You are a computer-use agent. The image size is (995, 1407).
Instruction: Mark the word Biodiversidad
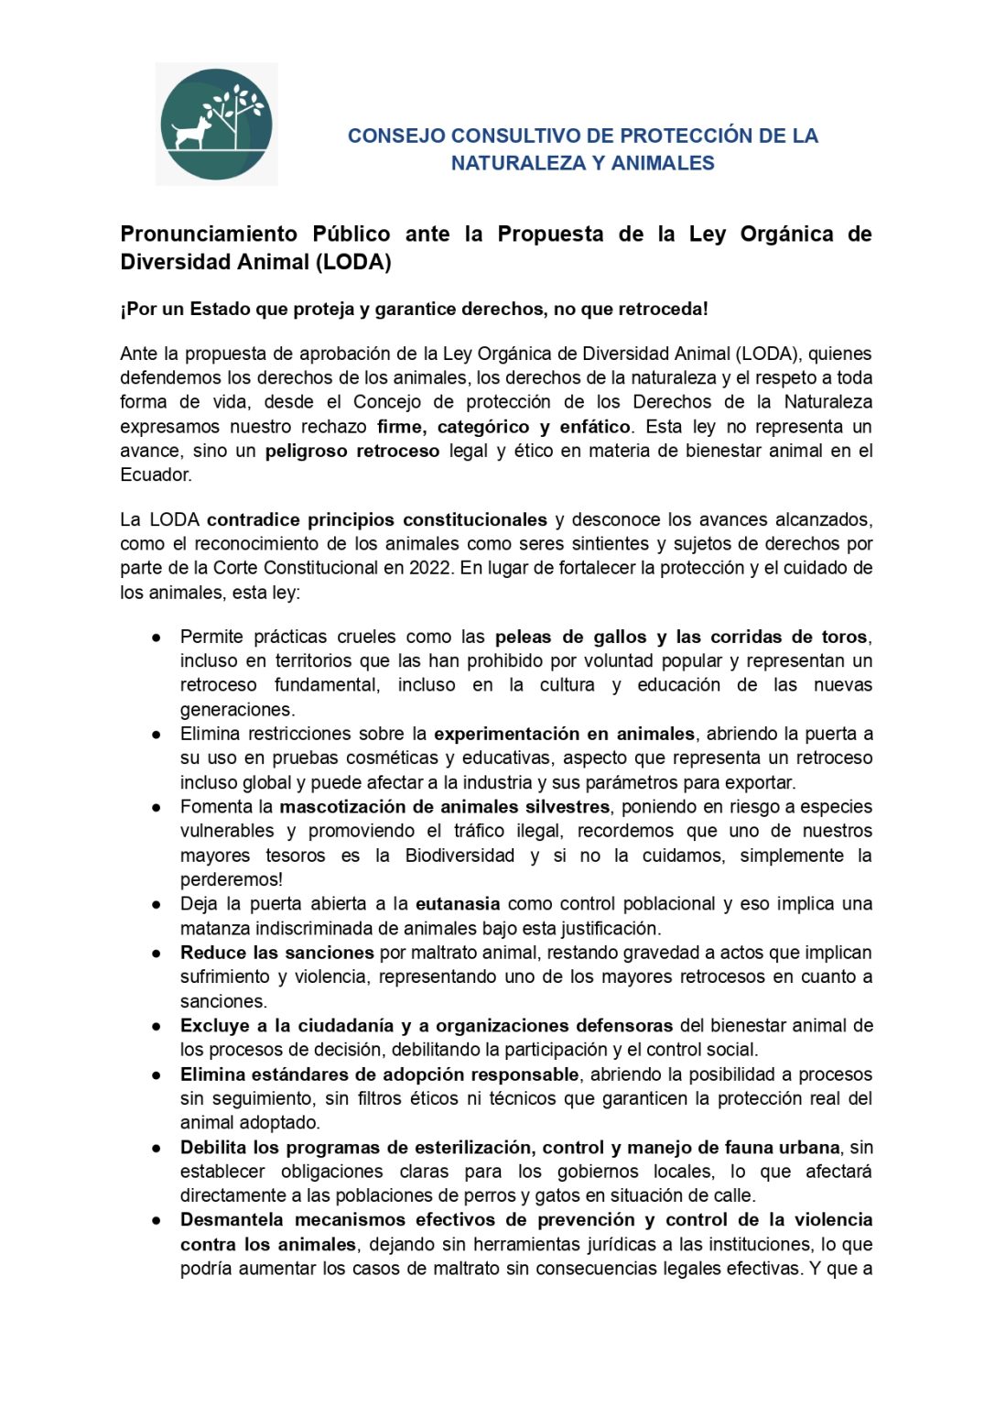pos(460,856)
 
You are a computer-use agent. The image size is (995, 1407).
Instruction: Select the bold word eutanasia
pos(458,904)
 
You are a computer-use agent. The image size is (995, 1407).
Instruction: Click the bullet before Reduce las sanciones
pos(157,954)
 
